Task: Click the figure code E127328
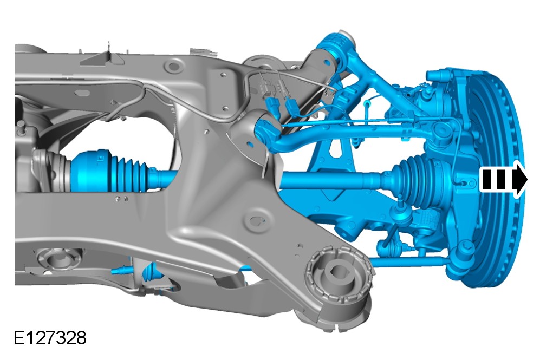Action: coord(50,338)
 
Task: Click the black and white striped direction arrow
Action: coord(503,179)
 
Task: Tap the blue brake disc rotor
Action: coord(501,176)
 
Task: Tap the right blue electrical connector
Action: coord(292,108)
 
